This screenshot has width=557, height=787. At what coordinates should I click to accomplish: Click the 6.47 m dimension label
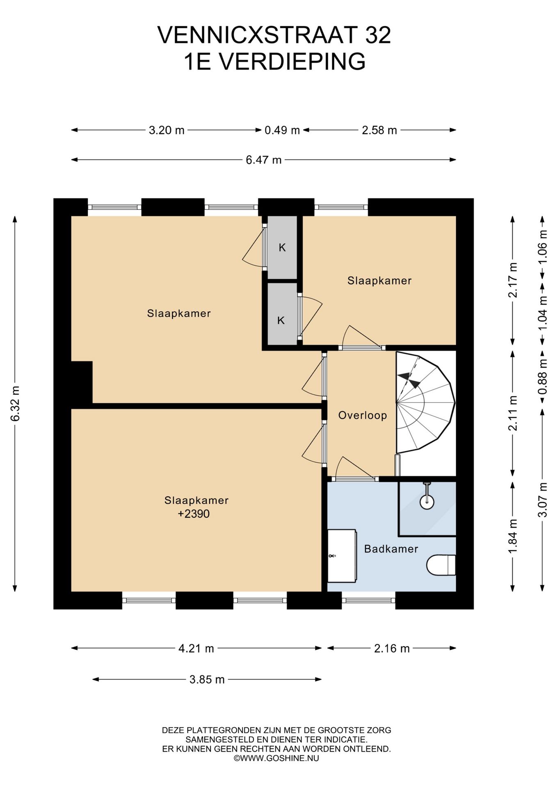[x=263, y=160]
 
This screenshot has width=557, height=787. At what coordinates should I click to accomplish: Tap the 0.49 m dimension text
[x=282, y=130]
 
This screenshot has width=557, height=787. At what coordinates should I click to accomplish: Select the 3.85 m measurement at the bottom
[x=207, y=680]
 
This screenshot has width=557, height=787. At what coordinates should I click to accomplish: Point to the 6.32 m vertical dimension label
[x=15, y=403]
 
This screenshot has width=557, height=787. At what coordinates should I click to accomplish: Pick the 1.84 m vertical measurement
[x=513, y=536]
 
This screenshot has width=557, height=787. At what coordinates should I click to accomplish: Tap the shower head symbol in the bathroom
[x=427, y=497]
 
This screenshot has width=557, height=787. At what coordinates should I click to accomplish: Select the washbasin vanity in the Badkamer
[x=342, y=555]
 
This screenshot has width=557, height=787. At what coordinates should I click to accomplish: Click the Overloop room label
[x=363, y=415]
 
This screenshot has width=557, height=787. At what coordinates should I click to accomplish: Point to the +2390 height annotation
[x=194, y=514]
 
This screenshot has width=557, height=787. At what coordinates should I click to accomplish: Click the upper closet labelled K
[x=282, y=248]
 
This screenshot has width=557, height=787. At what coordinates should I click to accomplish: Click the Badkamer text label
[x=391, y=549]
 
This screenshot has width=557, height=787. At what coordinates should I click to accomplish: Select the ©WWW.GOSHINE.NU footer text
[x=276, y=758]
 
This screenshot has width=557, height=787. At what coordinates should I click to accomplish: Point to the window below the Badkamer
[x=368, y=600]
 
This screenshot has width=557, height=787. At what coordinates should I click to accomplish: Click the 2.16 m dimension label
[x=392, y=648]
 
